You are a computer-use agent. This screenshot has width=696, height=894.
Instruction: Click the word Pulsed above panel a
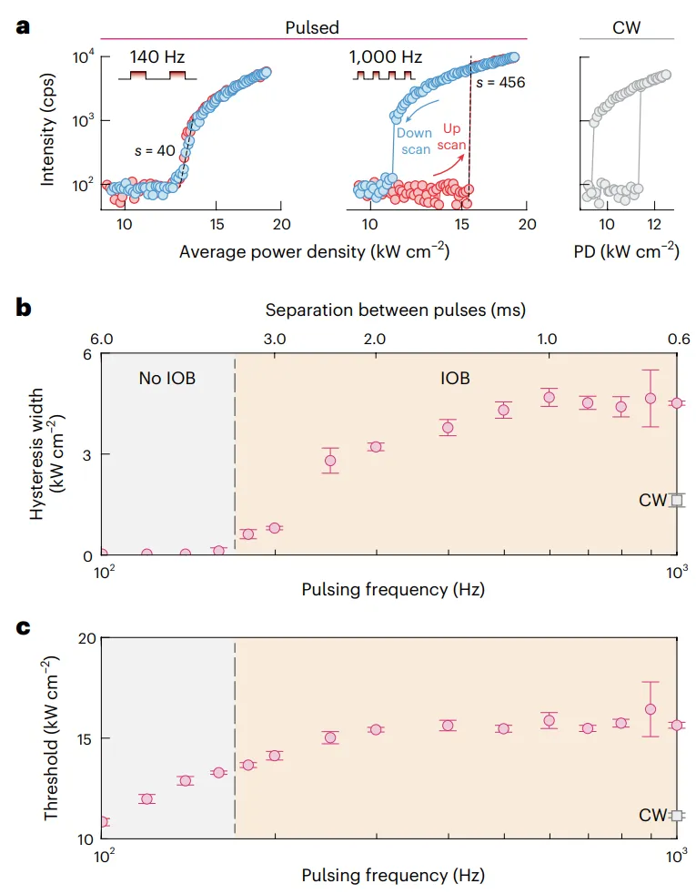point(312,27)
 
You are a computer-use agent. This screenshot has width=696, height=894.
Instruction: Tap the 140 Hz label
point(156,57)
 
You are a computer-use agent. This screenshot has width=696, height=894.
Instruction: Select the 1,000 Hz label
point(385,57)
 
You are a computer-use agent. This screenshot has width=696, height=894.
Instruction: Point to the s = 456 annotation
point(500,82)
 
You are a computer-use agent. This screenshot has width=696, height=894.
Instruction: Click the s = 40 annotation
point(154,149)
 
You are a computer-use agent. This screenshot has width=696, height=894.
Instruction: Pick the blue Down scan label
point(415,141)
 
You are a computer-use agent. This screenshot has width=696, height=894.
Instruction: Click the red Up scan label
point(450,137)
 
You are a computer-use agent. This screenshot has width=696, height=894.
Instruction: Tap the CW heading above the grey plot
point(627,27)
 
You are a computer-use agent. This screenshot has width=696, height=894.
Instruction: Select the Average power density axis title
point(314,251)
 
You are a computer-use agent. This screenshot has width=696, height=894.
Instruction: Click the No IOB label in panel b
point(167,378)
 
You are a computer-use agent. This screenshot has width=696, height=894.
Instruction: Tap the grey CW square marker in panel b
point(676,500)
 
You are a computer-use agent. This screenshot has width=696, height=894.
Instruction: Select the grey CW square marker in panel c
point(676,816)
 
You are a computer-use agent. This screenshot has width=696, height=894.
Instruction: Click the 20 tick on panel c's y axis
point(87,638)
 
